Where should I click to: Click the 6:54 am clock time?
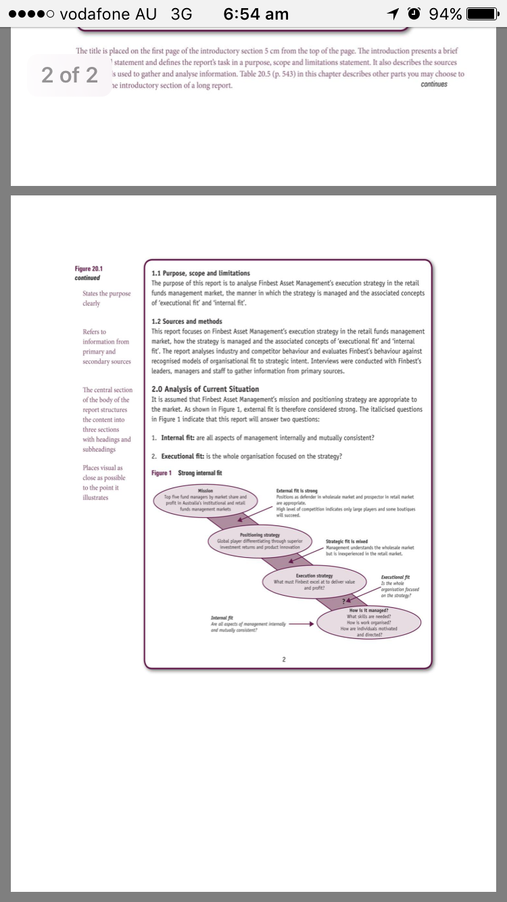coord(256,14)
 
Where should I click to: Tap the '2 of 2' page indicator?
coord(70,75)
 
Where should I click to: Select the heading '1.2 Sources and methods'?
coord(187,321)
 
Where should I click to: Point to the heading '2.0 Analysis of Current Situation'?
coord(206,389)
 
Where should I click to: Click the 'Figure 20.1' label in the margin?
coord(89,269)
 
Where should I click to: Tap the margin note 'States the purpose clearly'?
coord(106,298)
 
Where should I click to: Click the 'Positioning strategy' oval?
coord(260,542)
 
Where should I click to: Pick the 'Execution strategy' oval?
coord(314,581)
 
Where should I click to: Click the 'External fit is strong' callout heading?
coord(297,491)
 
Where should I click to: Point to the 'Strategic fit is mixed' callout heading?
coord(347,542)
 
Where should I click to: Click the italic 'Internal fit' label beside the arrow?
coord(222,618)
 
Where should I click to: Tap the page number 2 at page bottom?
coord(285,659)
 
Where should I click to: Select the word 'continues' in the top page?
coord(433,85)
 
